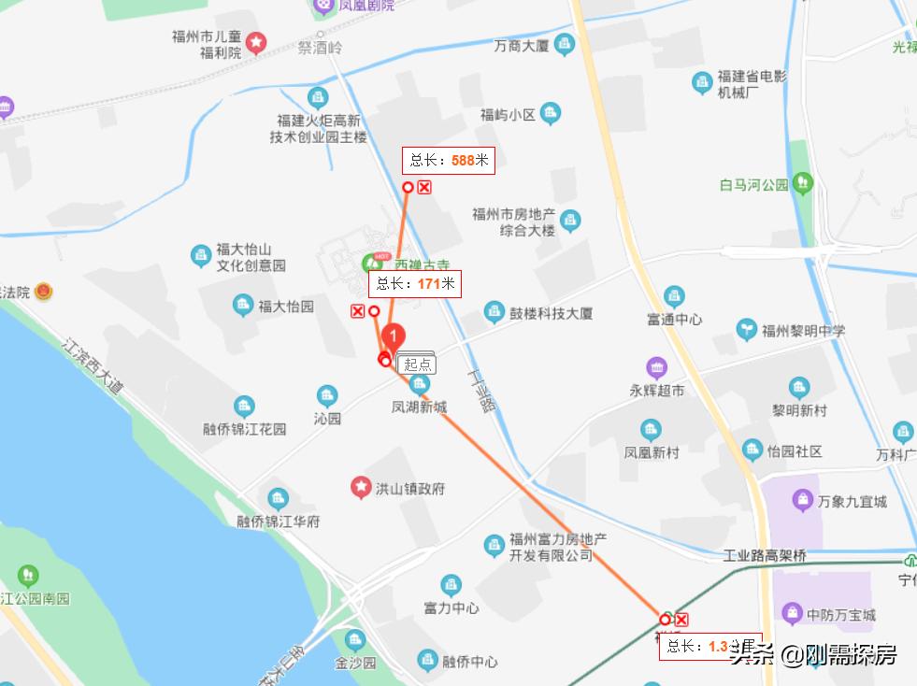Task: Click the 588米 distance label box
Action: [x=449, y=161]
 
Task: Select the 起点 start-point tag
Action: [x=417, y=364]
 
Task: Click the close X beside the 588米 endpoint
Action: [x=423, y=188]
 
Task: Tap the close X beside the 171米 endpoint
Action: [x=357, y=311]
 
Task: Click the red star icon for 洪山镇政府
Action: [x=360, y=488]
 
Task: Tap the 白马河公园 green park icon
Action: [x=803, y=183]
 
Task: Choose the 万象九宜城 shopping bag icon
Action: [x=802, y=501]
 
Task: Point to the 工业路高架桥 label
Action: [x=765, y=556]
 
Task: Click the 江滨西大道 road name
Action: [x=93, y=364]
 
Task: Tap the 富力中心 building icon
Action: [x=451, y=586]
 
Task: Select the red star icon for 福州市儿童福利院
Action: [x=255, y=42]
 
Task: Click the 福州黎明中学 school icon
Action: [x=747, y=329]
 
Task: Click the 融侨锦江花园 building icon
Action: [x=244, y=407]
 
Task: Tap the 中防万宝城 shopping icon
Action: [x=793, y=614]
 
